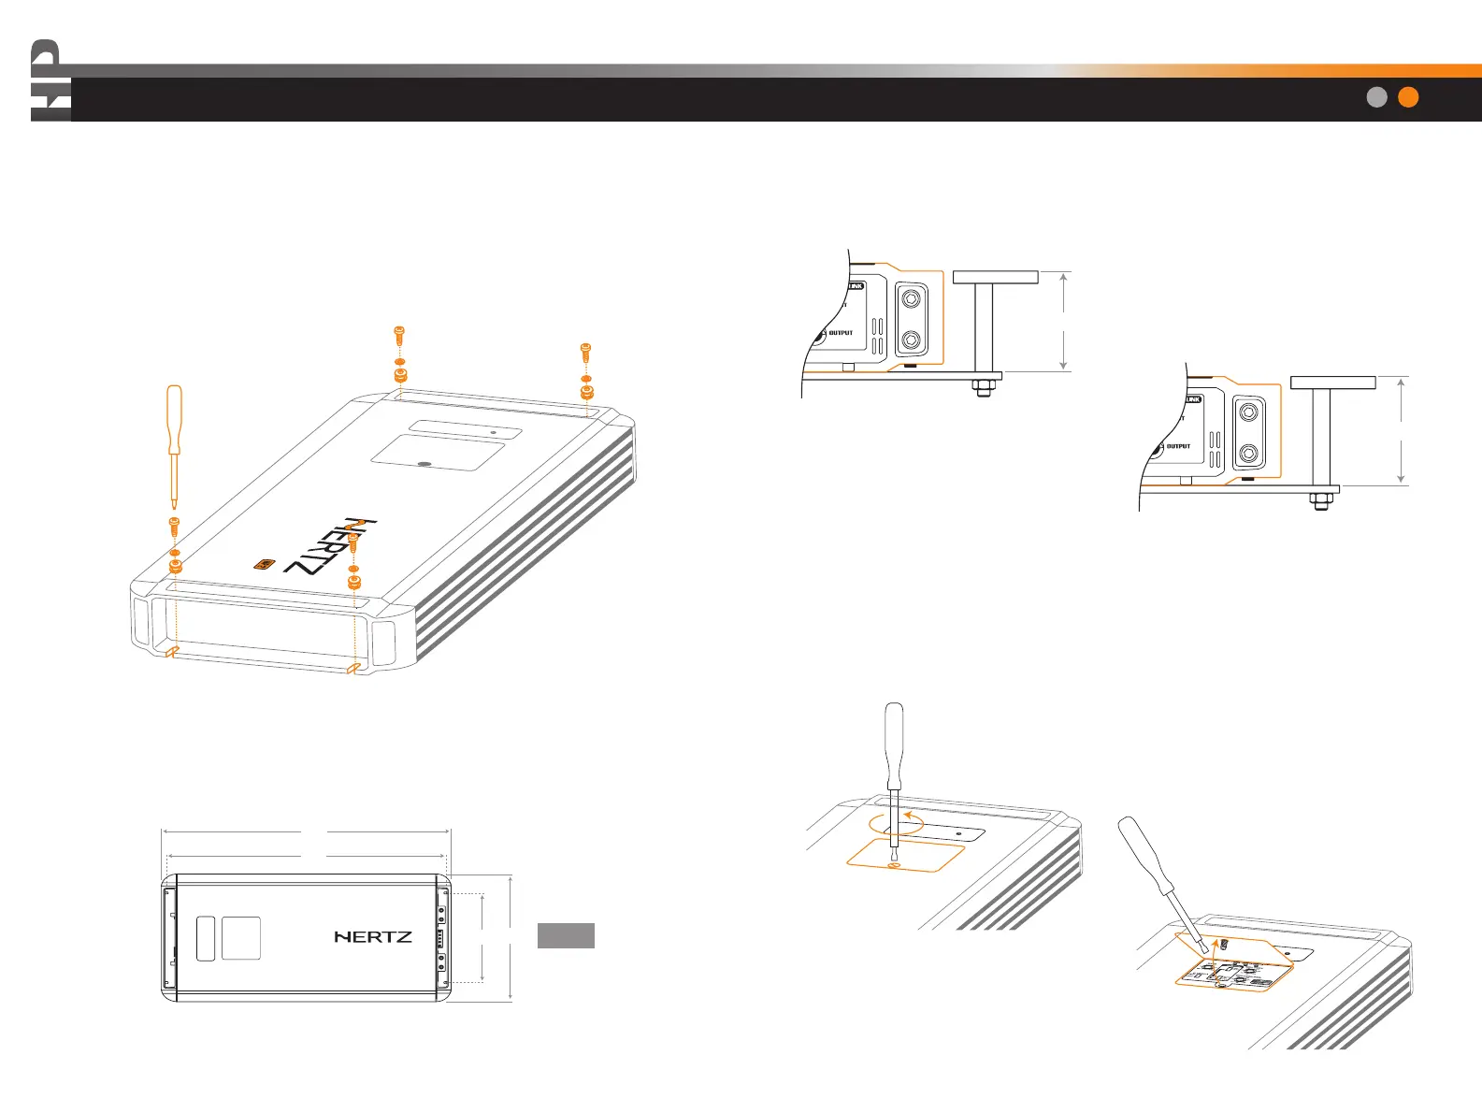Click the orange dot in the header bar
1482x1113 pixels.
1407,97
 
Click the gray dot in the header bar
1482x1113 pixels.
1376,97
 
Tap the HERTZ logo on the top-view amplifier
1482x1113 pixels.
373,936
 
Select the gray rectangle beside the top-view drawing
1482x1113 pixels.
566,935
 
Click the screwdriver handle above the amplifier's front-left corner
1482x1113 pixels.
173,416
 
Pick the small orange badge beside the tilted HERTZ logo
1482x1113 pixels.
265,564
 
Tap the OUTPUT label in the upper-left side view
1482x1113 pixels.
841,333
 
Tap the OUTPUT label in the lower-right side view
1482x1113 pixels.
1178,446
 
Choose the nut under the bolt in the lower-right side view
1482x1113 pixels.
1321,502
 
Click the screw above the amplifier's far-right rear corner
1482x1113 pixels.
586,352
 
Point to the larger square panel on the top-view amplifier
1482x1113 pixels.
240,938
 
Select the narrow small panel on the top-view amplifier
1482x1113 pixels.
206,938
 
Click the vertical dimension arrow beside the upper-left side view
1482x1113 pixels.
1064,321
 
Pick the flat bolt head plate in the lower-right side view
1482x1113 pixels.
1332,383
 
